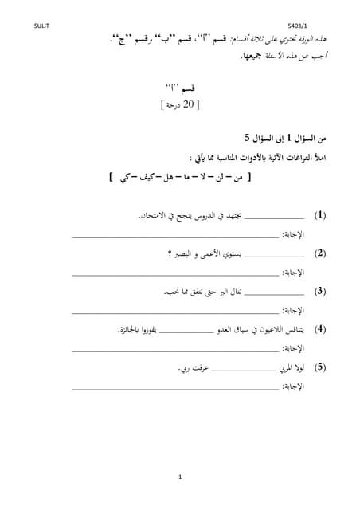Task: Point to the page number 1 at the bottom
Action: (x=180, y=477)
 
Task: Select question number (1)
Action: (x=320, y=215)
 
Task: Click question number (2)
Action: (x=320, y=253)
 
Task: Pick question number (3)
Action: (x=320, y=291)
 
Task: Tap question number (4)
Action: (x=320, y=328)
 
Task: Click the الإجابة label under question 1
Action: (x=295, y=234)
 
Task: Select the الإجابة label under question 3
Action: (x=295, y=310)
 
